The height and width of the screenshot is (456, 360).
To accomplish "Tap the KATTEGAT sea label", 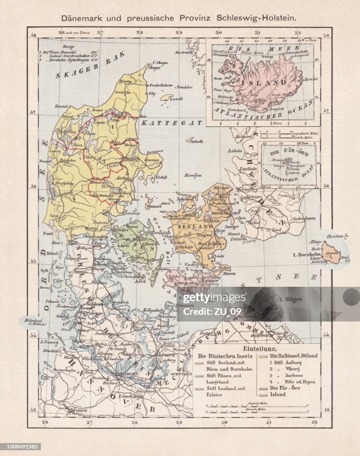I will click(x=166, y=121).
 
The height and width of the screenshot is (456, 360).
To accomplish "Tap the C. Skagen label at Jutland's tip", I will click(x=159, y=63).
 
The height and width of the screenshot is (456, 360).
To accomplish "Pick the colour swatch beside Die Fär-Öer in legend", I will click(x=260, y=388).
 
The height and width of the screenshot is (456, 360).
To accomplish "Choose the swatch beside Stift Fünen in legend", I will click(x=200, y=376).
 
